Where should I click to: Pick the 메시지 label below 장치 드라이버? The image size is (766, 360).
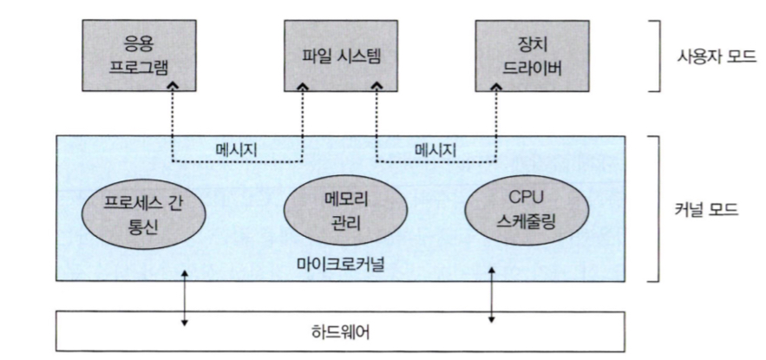coord(434,148)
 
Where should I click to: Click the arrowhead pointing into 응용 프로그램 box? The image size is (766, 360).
coord(173,87)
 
